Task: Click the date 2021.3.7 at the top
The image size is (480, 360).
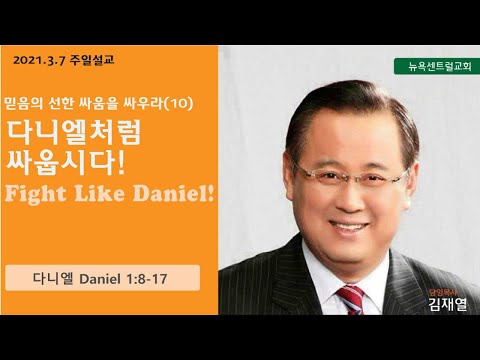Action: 39,61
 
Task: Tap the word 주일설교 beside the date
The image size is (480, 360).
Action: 92,60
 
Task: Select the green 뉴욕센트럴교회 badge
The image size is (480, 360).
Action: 437,66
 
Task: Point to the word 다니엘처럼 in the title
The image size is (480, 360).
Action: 74,132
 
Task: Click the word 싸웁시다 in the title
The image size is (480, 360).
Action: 66,163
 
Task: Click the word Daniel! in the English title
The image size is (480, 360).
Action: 173,194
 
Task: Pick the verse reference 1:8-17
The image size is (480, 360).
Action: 147,279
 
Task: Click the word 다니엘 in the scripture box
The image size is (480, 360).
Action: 53,278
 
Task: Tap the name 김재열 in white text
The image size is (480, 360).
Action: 448,304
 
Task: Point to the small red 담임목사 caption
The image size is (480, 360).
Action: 443,293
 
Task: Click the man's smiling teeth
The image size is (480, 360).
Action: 349,227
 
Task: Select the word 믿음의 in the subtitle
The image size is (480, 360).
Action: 23,104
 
